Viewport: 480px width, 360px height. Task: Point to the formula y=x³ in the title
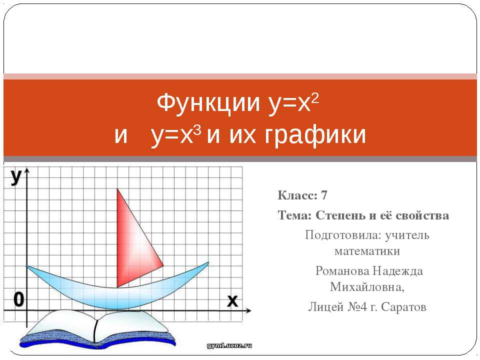point(175,135)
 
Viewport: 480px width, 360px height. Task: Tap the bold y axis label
point(15,177)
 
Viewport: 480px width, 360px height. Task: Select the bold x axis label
point(232,301)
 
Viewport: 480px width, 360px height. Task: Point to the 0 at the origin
point(18,300)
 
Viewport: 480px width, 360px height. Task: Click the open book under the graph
point(95,330)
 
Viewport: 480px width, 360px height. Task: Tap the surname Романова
point(342,271)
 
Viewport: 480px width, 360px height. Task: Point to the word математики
point(367,249)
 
